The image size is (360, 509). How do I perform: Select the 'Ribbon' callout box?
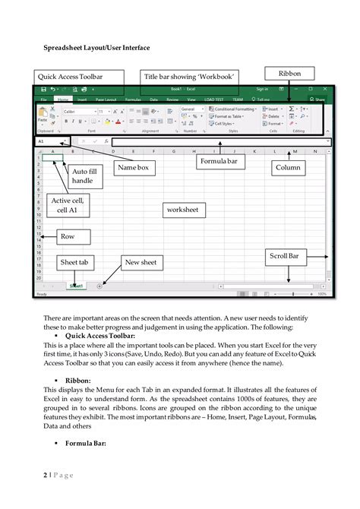tap(289, 74)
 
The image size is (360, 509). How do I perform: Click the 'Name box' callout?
tap(132, 167)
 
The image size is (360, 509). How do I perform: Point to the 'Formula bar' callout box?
tap(219, 162)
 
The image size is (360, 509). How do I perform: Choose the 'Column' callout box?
tap(288, 167)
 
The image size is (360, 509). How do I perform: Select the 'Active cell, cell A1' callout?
tap(65, 206)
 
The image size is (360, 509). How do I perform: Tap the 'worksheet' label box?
tap(182, 209)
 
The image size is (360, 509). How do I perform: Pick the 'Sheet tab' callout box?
tap(74, 263)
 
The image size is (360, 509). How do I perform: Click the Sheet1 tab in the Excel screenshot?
tap(76, 286)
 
